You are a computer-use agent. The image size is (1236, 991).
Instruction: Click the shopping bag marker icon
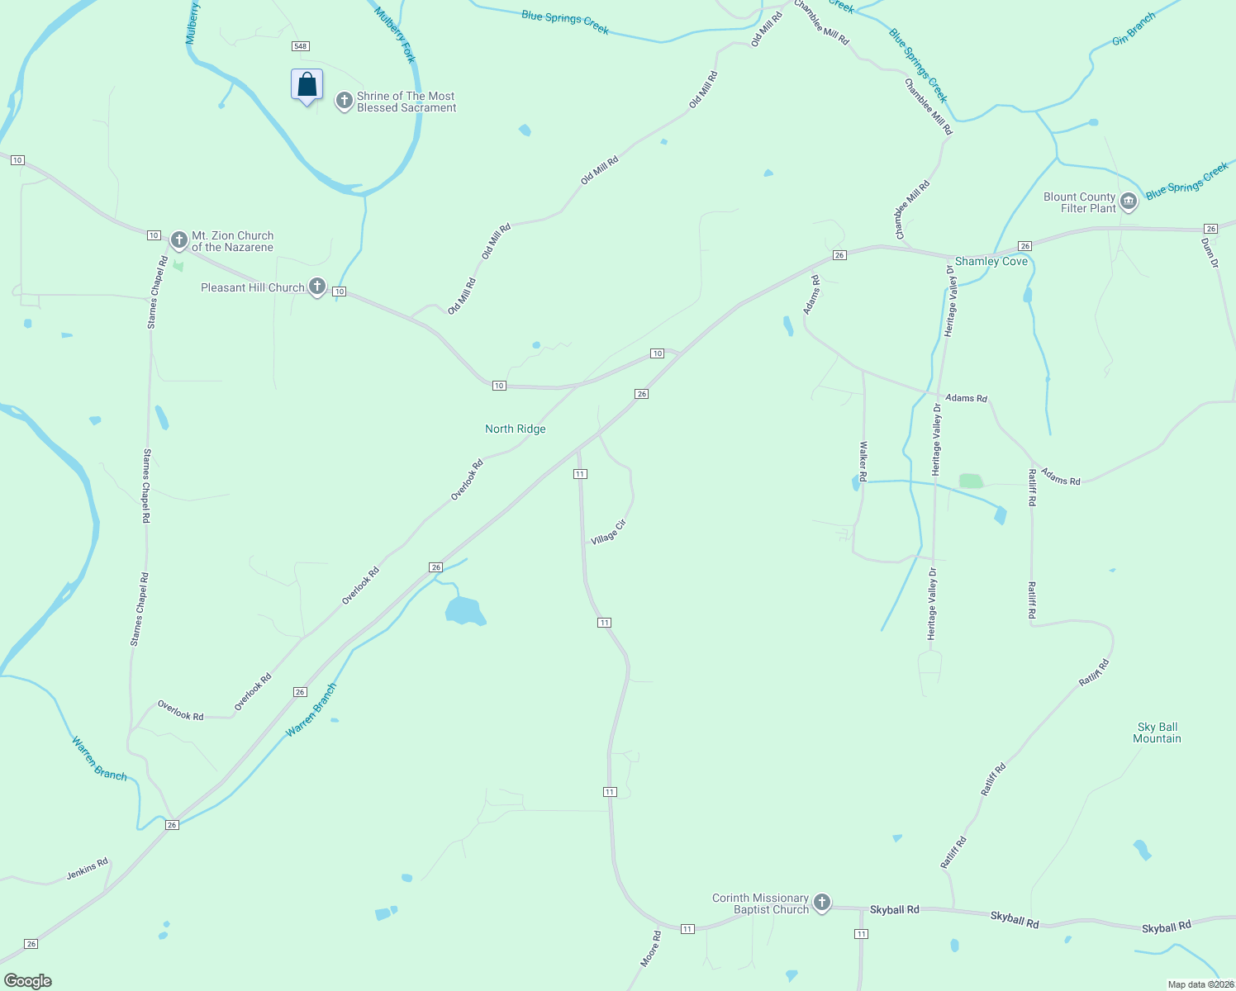pos(307,85)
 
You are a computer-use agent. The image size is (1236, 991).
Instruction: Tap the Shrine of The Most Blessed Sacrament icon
pos(344,102)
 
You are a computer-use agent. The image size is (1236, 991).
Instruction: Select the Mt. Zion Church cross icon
pos(178,240)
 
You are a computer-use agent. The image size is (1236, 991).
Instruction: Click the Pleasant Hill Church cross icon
pos(316,287)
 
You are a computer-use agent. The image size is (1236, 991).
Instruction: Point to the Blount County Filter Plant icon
pos(1128,202)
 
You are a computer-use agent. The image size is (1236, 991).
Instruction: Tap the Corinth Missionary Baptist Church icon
pos(821,903)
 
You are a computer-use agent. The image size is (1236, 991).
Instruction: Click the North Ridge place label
pos(515,429)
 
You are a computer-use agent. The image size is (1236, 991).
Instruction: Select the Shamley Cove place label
pos(991,261)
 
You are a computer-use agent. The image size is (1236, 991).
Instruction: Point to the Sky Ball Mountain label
pos(1157,733)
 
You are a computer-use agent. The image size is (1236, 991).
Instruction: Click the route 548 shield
pos(301,46)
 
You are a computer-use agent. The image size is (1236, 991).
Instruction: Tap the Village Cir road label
pos(609,532)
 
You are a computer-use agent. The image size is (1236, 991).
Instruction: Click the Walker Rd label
pos(863,461)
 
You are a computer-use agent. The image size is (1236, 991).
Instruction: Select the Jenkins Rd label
pos(88,868)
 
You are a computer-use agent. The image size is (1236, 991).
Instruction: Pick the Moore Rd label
pos(651,949)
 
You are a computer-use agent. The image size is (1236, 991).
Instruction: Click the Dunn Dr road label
pos(1210,253)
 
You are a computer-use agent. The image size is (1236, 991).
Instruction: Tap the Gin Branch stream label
pos(1134,29)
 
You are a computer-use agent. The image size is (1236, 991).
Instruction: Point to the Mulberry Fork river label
pos(395,35)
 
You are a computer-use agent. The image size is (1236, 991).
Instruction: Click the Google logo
pos(27,981)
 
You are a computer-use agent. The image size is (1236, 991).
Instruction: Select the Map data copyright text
pos(1200,984)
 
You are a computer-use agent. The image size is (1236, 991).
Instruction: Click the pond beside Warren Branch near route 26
pos(464,611)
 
